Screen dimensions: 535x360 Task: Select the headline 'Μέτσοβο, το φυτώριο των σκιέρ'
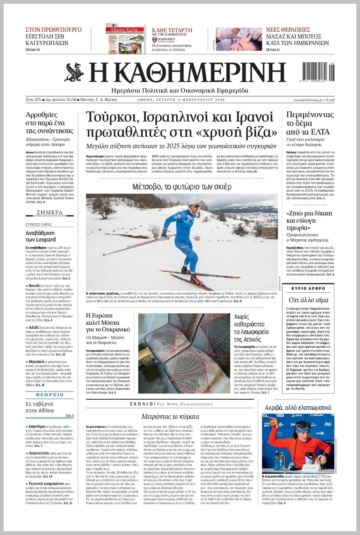click(182, 187)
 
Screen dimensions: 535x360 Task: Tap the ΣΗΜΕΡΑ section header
click(50, 213)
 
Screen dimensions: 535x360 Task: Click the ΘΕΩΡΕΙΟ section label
click(50, 395)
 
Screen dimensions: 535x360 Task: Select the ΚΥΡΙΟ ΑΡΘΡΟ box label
click(309, 289)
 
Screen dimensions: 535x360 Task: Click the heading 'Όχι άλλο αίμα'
click(308, 300)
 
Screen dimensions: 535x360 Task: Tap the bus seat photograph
click(184, 353)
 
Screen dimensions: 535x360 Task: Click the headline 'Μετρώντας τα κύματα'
click(170, 416)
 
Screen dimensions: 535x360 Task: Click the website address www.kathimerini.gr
click(308, 100)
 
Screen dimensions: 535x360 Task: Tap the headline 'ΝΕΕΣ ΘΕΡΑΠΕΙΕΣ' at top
click(288, 30)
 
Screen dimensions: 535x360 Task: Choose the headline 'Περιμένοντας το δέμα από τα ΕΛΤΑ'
click(310, 123)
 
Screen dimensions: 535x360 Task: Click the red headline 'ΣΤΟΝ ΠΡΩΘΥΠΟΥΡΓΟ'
click(53, 30)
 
